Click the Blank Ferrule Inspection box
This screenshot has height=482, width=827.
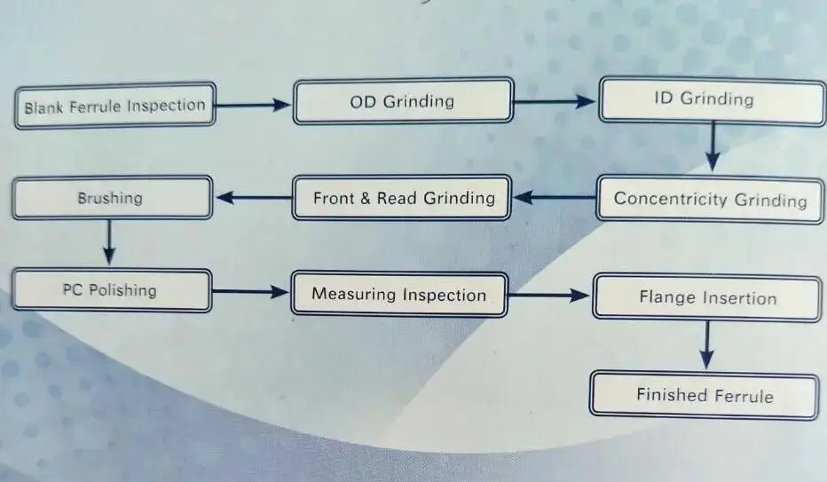click(x=114, y=107)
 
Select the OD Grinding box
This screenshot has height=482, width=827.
click(x=403, y=101)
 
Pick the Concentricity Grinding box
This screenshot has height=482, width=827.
click(x=710, y=199)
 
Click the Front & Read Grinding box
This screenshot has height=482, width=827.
click(x=403, y=197)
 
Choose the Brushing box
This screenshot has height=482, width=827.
click(x=111, y=197)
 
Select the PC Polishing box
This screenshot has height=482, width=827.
click(x=111, y=290)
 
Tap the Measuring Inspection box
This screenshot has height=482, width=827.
click(x=398, y=294)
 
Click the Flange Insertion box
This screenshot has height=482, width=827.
click(x=706, y=298)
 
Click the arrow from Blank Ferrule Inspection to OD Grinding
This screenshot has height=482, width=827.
click(x=254, y=105)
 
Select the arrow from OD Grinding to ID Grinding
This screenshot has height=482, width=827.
click(x=555, y=101)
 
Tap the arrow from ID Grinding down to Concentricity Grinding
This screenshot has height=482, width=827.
click(x=712, y=146)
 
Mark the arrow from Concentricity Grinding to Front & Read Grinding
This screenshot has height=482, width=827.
click(x=554, y=197)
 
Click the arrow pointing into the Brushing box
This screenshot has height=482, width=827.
click(x=253, y=197)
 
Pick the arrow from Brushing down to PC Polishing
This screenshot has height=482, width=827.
click(x=108, y=242)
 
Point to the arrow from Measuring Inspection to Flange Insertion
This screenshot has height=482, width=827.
click(x=549, y=296)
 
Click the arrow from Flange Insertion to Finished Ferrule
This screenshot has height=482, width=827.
click(x=706, y=344)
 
